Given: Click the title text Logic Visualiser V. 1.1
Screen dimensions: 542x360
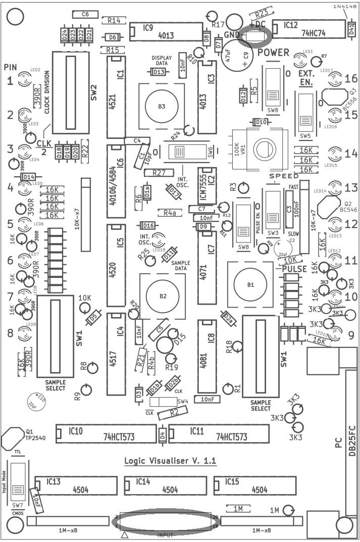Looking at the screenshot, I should click(x=170, y=461).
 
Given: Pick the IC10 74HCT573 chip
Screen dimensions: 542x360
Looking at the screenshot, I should click(x=106, y=433).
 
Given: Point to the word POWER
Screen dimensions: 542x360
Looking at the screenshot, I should click(x=273, y=52).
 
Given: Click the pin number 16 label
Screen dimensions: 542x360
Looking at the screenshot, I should click(x=351, y=79).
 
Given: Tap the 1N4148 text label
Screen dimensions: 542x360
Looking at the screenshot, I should click(x=344, y=6).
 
